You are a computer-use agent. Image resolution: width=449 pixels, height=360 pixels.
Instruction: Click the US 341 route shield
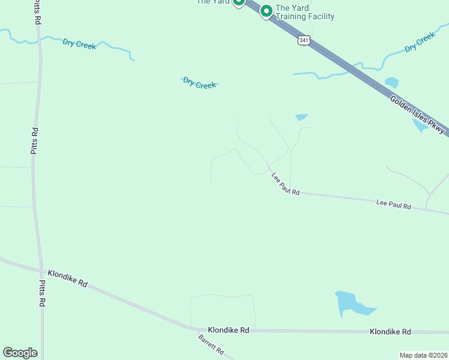click(304, 40)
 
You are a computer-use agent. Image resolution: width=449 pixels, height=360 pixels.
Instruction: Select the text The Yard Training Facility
click(304, 12)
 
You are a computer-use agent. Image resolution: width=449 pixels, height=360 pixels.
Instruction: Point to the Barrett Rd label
click(211, 344)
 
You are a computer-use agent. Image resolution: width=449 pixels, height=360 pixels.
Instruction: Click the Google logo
click(20, 353)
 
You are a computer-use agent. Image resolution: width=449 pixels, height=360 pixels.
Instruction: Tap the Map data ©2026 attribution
click(423, 355)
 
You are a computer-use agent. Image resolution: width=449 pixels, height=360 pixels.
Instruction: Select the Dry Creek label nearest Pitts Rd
click(79, 44)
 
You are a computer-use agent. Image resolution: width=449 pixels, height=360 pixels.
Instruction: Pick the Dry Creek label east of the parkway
click(420, 42)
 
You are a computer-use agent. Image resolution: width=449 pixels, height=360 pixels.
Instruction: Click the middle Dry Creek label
click(199, 83)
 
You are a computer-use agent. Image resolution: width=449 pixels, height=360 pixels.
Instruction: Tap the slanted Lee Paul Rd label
click(285, 183)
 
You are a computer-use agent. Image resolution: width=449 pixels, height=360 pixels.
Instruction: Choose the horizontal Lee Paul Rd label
click(393, 205)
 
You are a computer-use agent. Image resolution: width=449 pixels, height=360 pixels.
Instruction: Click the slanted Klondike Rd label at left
click(68, 278)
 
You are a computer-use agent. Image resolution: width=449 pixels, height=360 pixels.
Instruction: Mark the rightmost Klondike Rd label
click(390, 331)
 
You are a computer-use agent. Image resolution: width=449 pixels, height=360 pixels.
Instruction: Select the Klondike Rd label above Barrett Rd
click(228, 330)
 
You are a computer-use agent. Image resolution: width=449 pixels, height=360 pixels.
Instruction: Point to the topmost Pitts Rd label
click(37, 12)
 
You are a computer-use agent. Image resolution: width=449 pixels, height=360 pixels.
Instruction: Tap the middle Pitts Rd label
click(35, 141)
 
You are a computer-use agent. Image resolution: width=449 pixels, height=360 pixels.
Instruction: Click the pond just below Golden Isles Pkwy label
click(420, 125)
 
